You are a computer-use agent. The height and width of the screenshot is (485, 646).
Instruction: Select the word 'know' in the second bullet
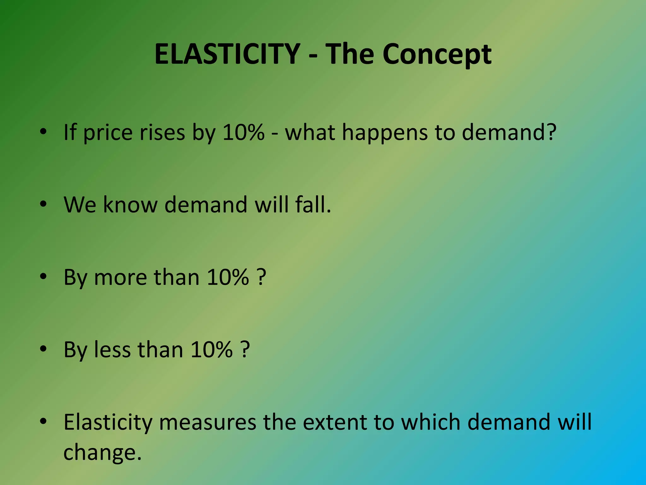tap(130, 205)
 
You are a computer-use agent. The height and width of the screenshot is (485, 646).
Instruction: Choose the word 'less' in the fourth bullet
tap(112, 350)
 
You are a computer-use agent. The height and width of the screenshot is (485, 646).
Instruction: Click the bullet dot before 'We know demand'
tap(43, 204)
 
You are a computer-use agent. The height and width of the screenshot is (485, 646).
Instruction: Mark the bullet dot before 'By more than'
tap(43, 277)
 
